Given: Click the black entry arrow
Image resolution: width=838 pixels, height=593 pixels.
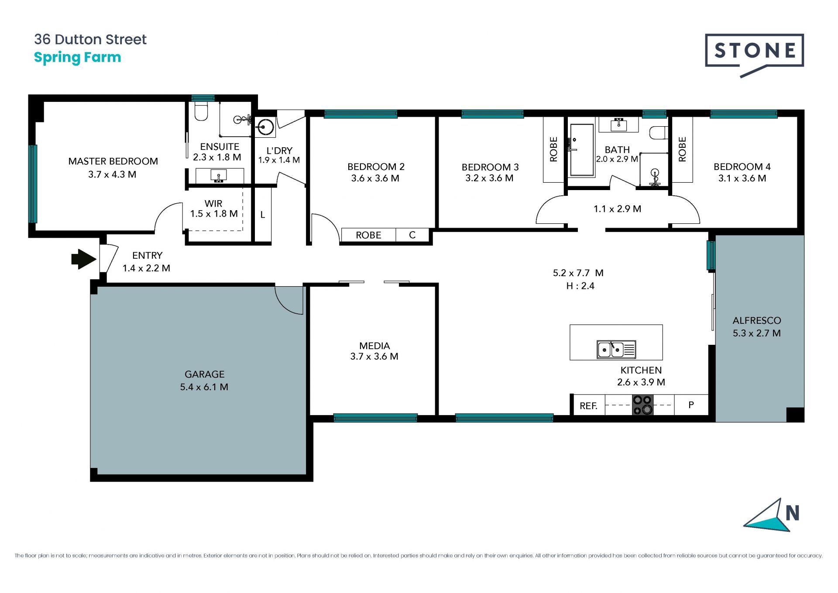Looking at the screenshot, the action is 83,259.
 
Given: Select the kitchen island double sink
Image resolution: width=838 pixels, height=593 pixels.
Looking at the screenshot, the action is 616,349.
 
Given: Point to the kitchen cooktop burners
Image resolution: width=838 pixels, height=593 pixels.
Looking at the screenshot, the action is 642,405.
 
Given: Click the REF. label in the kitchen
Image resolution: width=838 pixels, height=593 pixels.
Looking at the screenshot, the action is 588,406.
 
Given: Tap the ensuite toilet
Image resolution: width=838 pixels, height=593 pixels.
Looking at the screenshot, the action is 201,111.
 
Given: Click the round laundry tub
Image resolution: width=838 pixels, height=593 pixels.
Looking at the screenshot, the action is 265,128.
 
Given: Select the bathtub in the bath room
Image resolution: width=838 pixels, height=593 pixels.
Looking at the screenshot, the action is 582,150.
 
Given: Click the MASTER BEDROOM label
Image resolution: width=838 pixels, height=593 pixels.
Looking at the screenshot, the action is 113,161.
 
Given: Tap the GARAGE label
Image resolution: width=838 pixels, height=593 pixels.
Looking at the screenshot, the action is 204,374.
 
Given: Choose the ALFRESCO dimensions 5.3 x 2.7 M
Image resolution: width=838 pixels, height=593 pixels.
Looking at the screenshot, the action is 756,333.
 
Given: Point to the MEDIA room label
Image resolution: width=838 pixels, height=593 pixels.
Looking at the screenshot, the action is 374,346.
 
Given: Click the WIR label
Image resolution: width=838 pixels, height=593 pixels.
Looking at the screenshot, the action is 213,204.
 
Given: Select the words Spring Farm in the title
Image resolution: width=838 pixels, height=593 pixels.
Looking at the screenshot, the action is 77,58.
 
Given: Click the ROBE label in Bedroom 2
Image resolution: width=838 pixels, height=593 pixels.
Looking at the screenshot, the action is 368,235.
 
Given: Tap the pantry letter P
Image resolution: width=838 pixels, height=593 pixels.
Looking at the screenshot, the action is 691,405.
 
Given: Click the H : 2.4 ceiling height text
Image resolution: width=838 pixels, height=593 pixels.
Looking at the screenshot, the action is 580,286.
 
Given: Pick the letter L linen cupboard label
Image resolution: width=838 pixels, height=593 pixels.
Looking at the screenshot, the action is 263,215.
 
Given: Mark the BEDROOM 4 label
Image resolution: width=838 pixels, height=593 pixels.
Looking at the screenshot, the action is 742,166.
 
